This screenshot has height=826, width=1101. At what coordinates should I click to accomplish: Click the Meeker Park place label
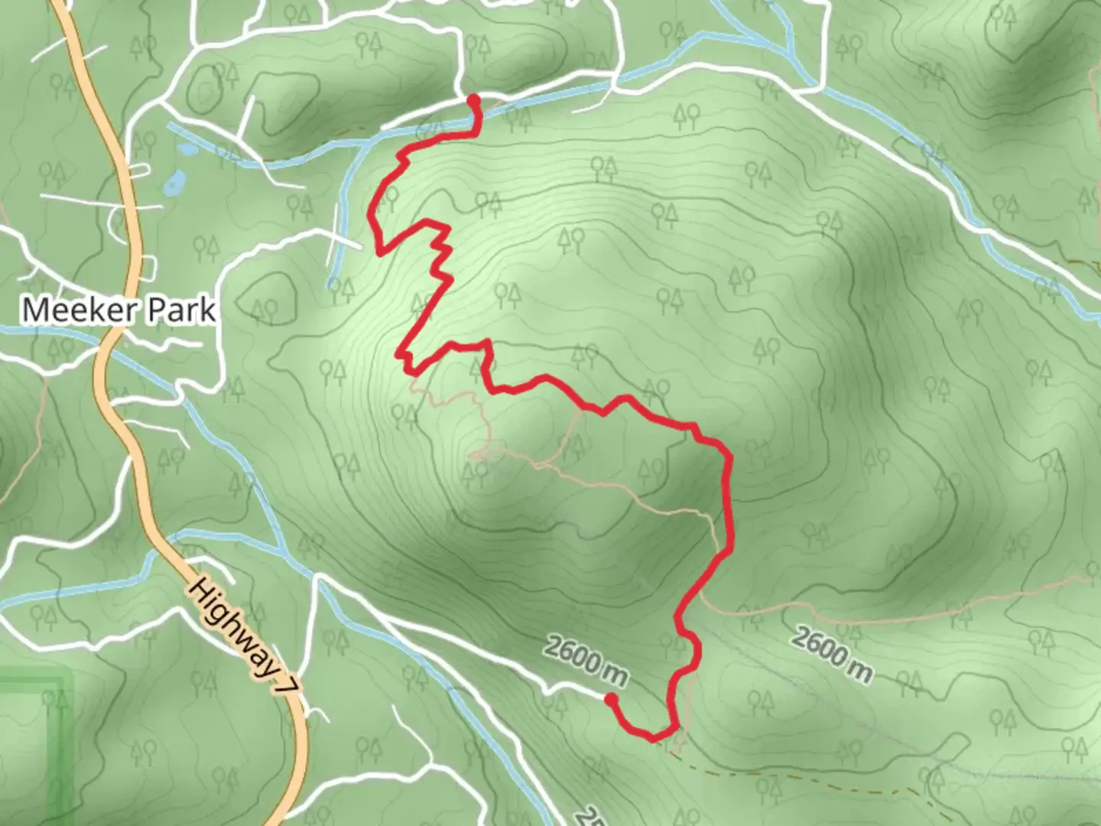click(119, 310)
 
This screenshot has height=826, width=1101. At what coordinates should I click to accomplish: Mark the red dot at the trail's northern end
click(473, 99)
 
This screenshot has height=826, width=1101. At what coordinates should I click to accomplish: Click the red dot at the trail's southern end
click(611, 698)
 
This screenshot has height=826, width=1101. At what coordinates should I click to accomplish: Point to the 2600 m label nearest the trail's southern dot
click(586, 660)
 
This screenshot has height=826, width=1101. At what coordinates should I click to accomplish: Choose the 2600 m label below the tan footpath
click(832, 654)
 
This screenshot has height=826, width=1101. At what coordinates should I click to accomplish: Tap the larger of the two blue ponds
click(175, 181)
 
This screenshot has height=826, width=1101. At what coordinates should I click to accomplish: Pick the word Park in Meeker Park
click(181, 310)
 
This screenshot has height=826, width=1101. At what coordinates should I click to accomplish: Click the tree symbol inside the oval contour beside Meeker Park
click(265, 309)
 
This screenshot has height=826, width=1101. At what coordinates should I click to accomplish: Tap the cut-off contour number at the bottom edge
click(585, 817)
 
